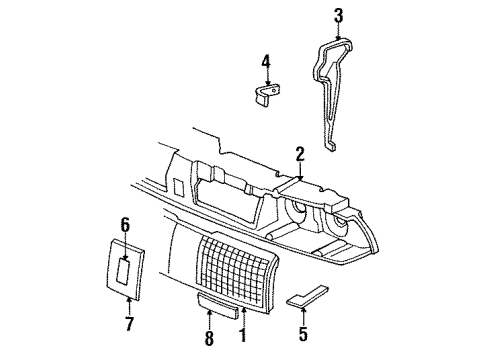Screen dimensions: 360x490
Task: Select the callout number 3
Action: pyautogui.click(x=338, y=15)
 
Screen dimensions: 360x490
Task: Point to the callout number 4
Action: pyautogui.click(x=265, y=62)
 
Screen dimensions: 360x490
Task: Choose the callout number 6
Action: pyautogui.click(x=125, y=224)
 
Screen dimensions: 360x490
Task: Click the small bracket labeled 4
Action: pyautogui.click(x=265, y=95)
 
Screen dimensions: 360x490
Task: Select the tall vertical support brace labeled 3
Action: pyautogui.click(x=340, y=90)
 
